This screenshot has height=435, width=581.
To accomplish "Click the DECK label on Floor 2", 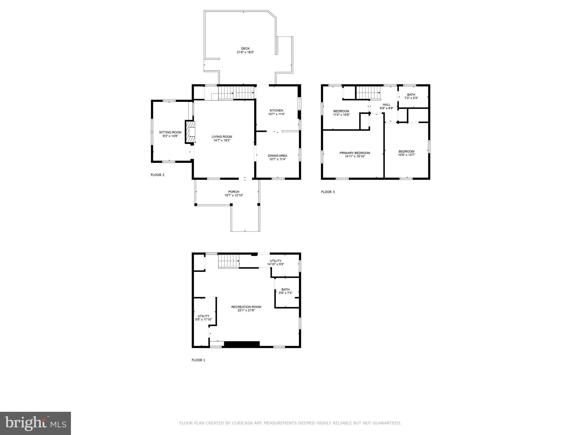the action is pyautogui.click(x=245, y=49).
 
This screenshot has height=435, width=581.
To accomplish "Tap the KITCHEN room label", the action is pyautogui.click(x=276, y=110).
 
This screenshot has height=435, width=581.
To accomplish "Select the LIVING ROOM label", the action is pyautogui.click(x=222, y=137).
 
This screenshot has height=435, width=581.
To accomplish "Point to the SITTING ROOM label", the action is pyautogui.click(x=170, y=132).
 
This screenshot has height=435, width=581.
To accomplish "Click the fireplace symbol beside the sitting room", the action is pyautogui.click(x=190, y=132).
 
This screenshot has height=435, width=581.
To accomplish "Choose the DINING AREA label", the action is pyautogui.click(x=277, y=156).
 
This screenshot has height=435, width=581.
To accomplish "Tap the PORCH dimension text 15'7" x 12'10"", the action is pyautogui.click(x=234, y=195).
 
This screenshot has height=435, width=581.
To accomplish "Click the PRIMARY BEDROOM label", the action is pyautogui.click(x=355, y=153).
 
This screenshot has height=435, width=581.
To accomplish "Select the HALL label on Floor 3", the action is pyautogui.click(x=387, y=105).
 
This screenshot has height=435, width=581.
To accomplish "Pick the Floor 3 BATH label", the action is pyautogui.click(x=411, y=95).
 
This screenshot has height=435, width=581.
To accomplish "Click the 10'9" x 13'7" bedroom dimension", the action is pyautogui.click(x=406, y=155).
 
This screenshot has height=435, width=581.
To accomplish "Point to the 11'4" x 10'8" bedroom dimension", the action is pyautogui.click(x=342, y=115).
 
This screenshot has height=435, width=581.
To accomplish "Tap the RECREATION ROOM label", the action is pyautogui.click(x=246, y=307).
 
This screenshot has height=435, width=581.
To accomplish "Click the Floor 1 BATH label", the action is pyautogui.click(x=285, y=289).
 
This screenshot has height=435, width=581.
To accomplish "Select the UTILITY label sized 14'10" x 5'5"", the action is pyautogui.click(x=275, y=261).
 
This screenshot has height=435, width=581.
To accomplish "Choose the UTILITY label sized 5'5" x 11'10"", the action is pyautogui.click(x=203, y=316).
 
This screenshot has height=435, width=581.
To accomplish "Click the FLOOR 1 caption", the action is pyautogui.click(x=198, y=360).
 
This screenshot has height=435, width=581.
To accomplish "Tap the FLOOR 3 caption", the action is pyautogui.click(x=328, y=192).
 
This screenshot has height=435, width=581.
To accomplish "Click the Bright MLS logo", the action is pyautogui.click(x=35, y=423).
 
